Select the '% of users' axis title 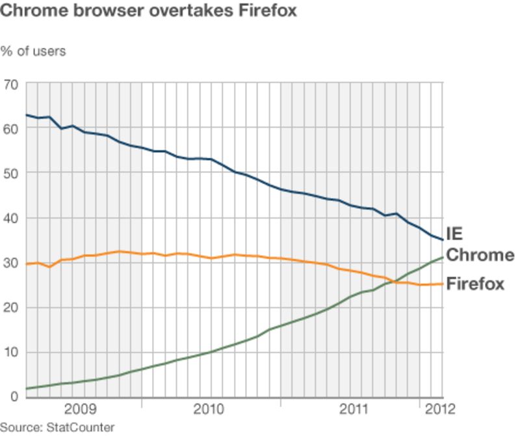coord(33,51)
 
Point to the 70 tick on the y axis coord(10,84)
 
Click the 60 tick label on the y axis coord(10,129)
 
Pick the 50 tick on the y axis coord(10,173)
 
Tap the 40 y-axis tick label coord(10,218)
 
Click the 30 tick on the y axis coord(10,263)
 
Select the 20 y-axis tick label coord(10,307)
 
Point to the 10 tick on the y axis coord(10,352)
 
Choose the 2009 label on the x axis coord(80,410)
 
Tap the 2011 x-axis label coord(355,410)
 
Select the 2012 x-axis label coord(440,410)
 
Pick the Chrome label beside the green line coord(480,255)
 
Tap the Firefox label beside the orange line coord(475,284)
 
